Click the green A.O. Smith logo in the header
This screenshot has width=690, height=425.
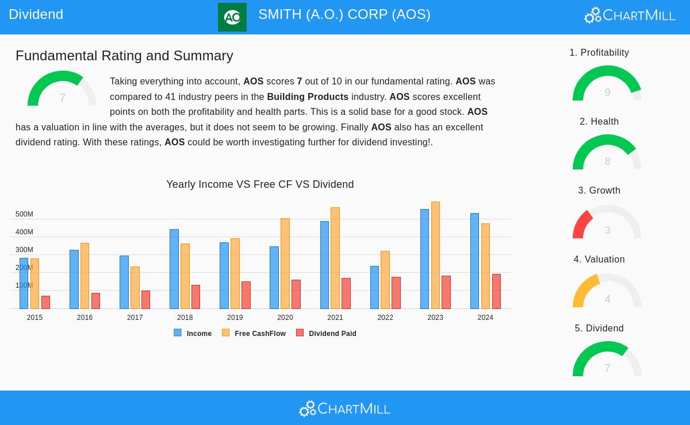tap(232, 17)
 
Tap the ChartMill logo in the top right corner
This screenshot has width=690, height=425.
tap(630, 15)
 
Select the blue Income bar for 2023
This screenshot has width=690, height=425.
tap(424, 259)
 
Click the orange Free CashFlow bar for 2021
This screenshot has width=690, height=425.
tap(335, 258)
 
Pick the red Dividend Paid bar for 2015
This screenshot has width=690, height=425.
tap(45, 303)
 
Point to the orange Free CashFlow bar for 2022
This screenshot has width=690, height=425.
tap(385, 280)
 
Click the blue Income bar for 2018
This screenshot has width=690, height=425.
tap(174, 269)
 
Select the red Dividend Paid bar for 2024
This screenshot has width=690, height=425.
tap(496, 292)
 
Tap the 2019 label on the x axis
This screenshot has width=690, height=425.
tap(235, 318)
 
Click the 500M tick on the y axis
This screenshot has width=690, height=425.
tap(24, 214)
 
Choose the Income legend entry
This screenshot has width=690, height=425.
tap(193, 334)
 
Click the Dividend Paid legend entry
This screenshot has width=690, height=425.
tap(327, 334)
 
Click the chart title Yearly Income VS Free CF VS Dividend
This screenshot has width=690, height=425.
tap(260, 184)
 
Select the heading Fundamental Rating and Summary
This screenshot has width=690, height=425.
tap(124, 56)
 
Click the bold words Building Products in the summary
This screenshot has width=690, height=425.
tap(308, 97)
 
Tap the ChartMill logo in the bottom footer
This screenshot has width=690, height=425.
tap(344, 409)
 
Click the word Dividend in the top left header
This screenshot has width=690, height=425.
tap(36, 14)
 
